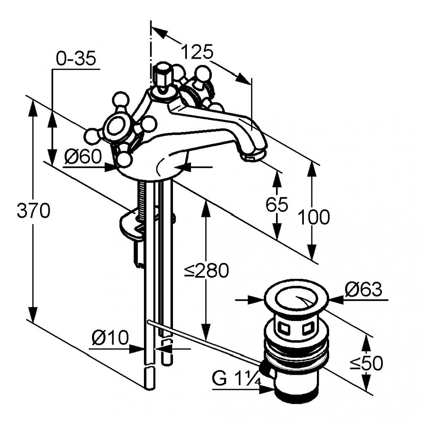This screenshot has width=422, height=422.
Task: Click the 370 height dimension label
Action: point(33,210)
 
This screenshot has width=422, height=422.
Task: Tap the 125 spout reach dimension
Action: point(197,52)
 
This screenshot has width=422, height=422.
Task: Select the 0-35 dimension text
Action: point(76,59)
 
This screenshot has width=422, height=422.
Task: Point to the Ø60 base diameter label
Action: point(83,157)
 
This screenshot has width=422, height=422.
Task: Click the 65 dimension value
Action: point(277,205)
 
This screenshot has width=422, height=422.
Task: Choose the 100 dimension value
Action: point(313,218)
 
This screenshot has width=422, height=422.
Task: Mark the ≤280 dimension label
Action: point(206,271)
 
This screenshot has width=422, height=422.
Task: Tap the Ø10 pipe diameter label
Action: point(109,338)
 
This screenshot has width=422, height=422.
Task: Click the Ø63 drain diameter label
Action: point(363,289)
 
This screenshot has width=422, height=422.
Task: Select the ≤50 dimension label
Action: point(366,362)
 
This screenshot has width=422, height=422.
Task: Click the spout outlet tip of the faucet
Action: point(253,157)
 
